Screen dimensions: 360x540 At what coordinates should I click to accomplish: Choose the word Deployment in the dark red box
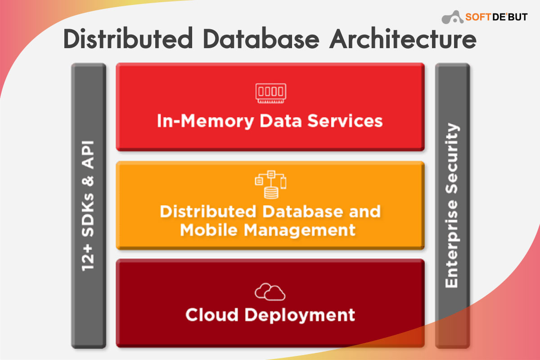tap(300, 314)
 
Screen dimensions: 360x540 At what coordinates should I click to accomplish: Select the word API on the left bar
tap(89, 155)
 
